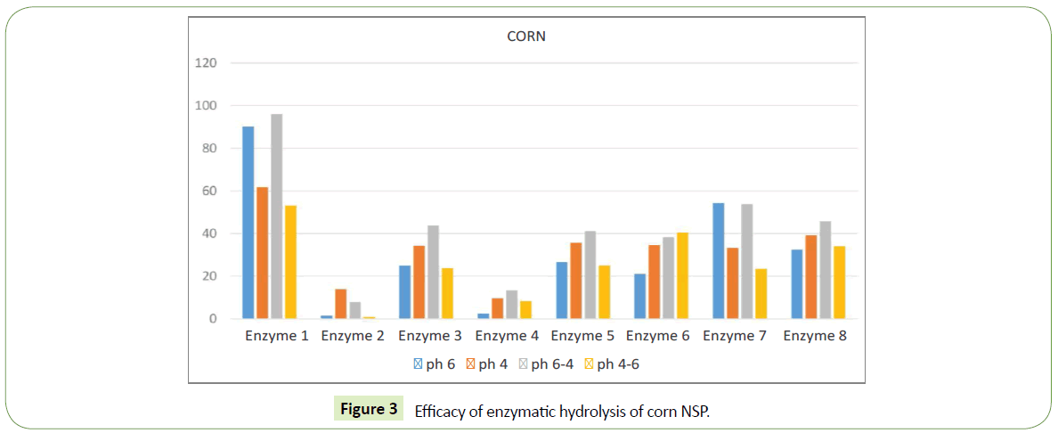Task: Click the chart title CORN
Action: [x=525, y=37]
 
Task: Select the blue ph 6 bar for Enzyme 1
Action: [x=248, y=223]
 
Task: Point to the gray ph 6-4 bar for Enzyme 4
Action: [x=511, y=305]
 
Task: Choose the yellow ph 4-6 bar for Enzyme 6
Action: [x=682, y=275]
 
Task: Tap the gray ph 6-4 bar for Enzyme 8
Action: [x=825, y=270]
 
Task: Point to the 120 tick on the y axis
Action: [x=206, y=63]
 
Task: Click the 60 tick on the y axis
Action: [x=209, y=191]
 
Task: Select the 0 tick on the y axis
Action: [x=213, y=319]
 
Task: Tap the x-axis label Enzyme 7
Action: [x=738, y=337]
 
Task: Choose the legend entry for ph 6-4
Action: [x=546, y=364]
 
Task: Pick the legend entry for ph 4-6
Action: [x=612, y=364]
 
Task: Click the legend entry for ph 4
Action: [x=486, y=364]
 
